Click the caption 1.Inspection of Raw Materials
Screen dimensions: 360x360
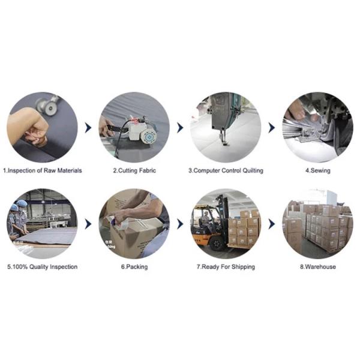tap(43, 170)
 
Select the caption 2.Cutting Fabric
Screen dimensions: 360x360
tap(134, 170)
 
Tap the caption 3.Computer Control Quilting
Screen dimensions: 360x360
tap(226, 170)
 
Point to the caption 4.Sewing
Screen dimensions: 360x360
tap(318, 170)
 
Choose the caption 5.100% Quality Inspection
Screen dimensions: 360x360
tap(43, 267)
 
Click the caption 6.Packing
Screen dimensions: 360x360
tap(134, 267)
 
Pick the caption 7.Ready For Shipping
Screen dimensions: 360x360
tap(226, 267)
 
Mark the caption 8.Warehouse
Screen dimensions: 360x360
tap(318, 267)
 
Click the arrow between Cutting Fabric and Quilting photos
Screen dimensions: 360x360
tap(180, 128)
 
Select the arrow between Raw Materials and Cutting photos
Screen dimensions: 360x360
tap(88, 128)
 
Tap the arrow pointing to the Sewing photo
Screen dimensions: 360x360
tap(272, 128)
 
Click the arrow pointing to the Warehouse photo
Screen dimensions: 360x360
tap(272, 224)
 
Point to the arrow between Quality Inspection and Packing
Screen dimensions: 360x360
tap(88, 224)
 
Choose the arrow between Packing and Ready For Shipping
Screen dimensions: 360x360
tap(180, 224)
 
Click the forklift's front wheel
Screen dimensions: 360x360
tap(217, 244)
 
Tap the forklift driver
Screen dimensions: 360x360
tap(206, 219)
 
